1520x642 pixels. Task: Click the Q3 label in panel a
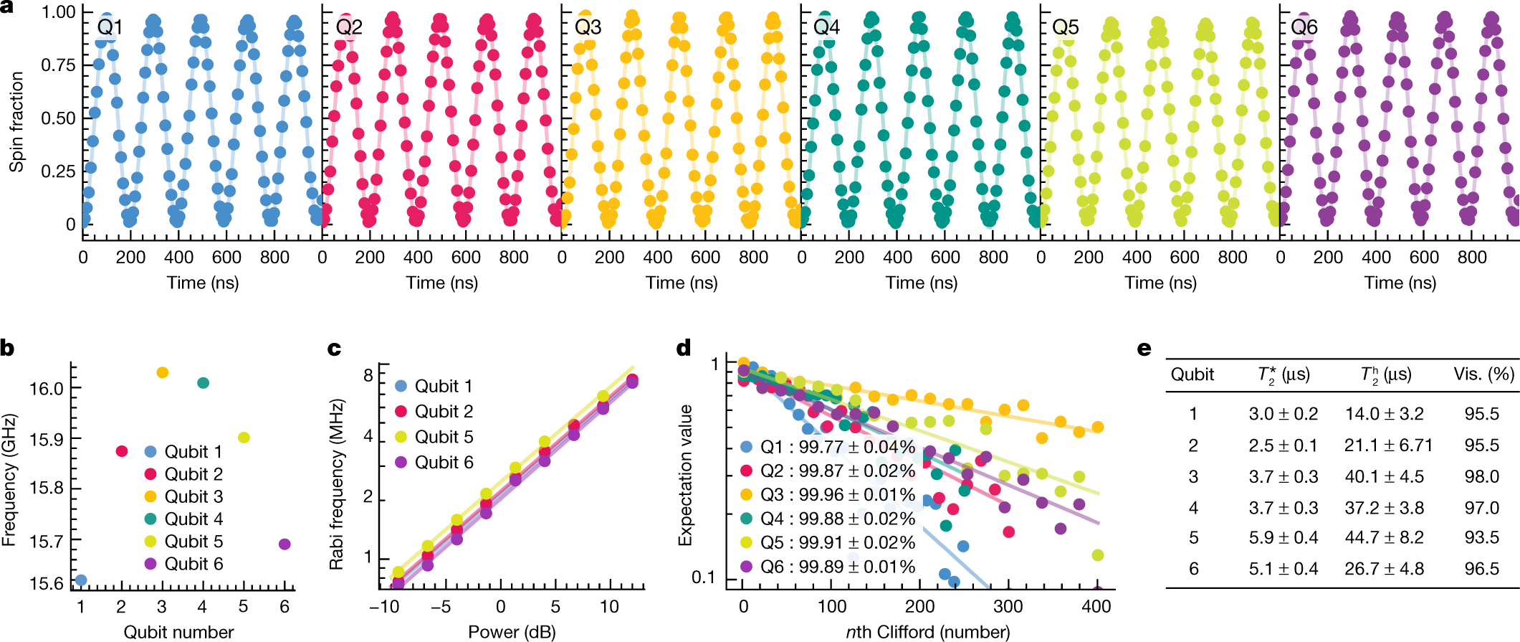[588, 27]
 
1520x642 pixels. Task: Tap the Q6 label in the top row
[1304, 27]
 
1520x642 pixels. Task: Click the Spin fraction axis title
[16, 122]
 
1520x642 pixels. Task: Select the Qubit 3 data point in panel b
[162, 372]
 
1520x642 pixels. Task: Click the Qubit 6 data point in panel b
[285, 544]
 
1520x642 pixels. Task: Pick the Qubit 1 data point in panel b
[81, 580]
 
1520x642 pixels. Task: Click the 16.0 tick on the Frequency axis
[46, 389]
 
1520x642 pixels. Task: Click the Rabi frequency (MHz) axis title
[337, 485]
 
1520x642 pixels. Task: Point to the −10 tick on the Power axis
[384, 607]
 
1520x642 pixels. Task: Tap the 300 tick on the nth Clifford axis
[1008, 606]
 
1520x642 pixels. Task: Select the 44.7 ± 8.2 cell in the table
[1384, 537]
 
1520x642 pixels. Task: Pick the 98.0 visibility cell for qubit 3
[1482, 476]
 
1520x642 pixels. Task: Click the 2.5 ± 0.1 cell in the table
[1283, 445]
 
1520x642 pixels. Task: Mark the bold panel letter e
[1144, 349]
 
